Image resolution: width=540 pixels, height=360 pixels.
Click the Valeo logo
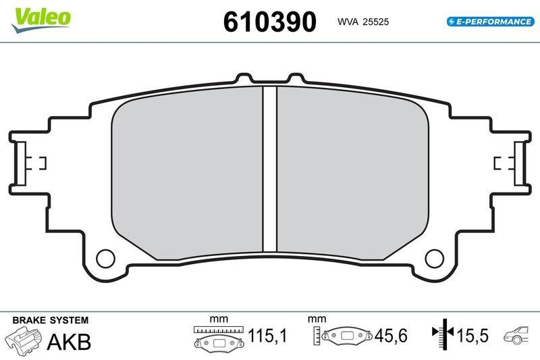[x=40, y=17]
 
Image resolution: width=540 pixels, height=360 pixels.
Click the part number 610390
[x=269, y=22]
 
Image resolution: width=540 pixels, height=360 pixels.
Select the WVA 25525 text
[x=363, y=22]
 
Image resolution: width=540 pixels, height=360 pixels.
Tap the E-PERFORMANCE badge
[x=489, y=22]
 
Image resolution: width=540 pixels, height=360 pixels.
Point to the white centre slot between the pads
[x=270, y=169]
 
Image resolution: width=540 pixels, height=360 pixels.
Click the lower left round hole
[x=106, y=258]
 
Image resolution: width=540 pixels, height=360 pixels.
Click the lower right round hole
[x=434, y=258]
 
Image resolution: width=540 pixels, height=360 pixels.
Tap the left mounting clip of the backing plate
[x=26, y=162]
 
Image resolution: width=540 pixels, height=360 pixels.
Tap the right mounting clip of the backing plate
[x=514, y=162]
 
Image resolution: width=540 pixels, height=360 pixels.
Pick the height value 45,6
[x=389, y=335]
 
